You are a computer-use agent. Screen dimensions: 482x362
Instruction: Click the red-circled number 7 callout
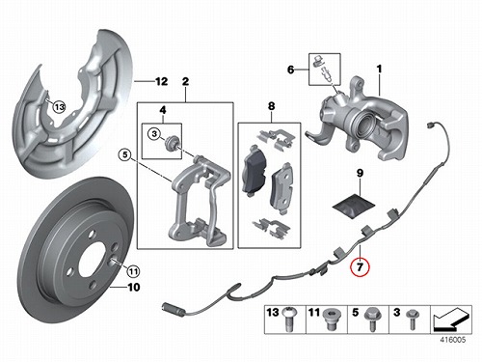coord(360,266)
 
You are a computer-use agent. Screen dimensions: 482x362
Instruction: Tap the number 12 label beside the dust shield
coord(161,82)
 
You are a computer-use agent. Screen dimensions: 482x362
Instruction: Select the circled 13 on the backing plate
coord(59,106)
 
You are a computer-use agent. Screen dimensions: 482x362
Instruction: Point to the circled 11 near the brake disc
coord(133,272)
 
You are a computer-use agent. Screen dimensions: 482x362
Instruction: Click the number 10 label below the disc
coord(134,287)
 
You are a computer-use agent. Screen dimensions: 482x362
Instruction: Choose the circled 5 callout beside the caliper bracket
coord(124,155)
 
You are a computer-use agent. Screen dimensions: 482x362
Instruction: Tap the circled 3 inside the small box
coord(154,133)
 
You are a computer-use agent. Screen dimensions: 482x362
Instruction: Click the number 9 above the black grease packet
coord(360,173)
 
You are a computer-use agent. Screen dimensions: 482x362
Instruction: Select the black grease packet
coord(354,206)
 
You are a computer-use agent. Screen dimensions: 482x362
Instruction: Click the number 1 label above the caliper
coord(379,69)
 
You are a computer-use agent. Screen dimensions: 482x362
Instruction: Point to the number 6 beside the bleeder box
coord(290,70)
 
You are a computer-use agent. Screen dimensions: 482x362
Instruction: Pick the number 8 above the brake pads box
coord(271,106)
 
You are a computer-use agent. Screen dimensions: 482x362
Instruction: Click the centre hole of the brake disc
coord(92,260)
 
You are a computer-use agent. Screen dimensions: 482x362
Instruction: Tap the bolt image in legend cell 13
coord(288,319)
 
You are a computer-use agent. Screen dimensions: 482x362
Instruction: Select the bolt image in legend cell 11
coord(330,319)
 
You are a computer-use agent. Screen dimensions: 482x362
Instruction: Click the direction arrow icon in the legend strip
coord(451,320)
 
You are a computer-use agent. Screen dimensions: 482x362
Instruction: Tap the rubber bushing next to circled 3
coord(171,143)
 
